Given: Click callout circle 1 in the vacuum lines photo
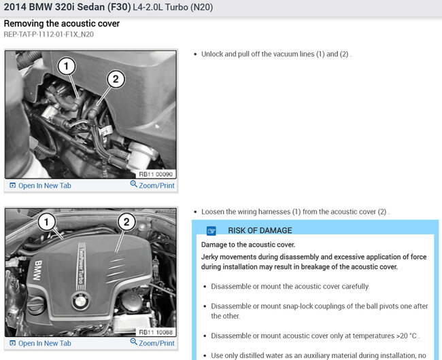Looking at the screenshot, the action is point(67,66).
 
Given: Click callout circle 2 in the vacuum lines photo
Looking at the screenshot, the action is point(116,79).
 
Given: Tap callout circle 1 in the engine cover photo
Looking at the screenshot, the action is point(47,222).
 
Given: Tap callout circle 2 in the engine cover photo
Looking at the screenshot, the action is point(126,222).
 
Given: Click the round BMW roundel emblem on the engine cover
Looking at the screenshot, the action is point(81,301).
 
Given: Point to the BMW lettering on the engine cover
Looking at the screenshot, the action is point(38,270).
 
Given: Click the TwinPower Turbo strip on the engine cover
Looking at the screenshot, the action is point(81,266).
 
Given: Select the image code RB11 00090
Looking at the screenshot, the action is point(156,175).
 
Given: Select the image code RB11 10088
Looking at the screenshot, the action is point(156,332).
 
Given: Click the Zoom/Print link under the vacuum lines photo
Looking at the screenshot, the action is point(152,185).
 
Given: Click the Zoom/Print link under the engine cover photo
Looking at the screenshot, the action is point(152,343).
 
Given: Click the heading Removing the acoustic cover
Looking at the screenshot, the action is point(62,24).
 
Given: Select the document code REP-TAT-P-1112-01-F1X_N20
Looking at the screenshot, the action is point(49,35).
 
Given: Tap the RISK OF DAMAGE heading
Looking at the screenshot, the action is point(260,230).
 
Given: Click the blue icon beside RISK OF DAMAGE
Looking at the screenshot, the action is point(211,231).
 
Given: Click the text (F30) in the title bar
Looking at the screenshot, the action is point(119,7).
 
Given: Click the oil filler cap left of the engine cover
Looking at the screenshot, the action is point(36,304).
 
